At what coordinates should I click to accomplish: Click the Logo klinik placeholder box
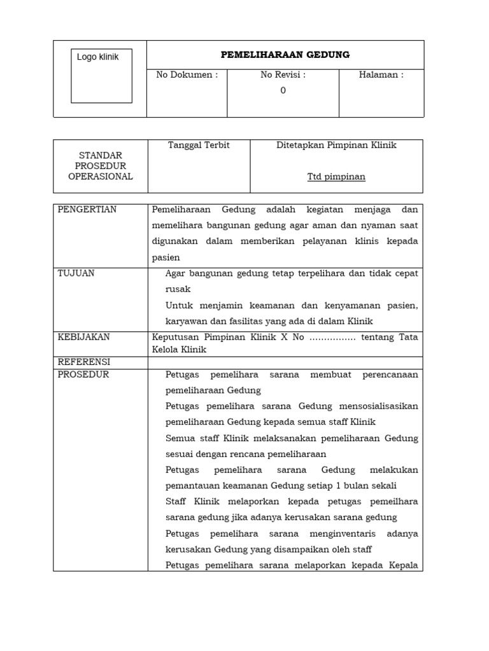(101, 76)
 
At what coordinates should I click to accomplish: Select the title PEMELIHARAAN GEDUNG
(285, 55)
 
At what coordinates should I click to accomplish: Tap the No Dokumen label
(187, 75)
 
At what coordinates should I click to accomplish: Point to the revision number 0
(283, 90)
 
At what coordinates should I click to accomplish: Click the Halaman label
(381, 75)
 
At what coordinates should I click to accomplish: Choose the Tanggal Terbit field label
(199, 145)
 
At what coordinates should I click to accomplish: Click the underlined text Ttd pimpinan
(336, 177)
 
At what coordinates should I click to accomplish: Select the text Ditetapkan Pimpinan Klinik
(336, 145)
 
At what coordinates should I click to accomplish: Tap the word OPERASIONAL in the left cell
(101, 177)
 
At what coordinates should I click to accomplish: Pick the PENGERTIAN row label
(87, 210)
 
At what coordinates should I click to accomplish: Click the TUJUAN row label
(76, 273)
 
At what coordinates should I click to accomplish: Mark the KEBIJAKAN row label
(84, 337)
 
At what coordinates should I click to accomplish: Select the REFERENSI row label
(83, 362)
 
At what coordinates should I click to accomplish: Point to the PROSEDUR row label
(83, 374)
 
